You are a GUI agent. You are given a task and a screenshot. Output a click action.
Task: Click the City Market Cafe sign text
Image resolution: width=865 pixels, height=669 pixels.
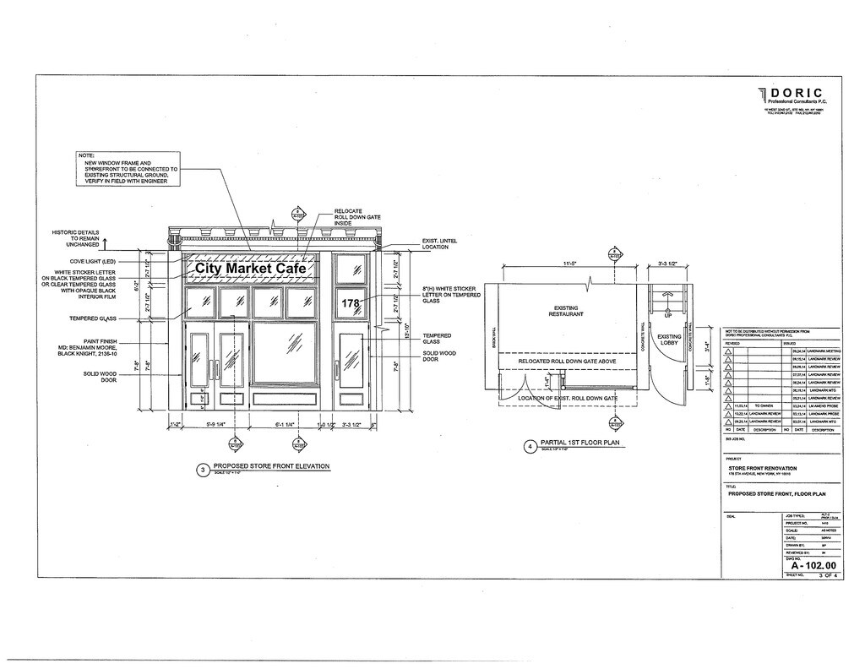pos(251,269)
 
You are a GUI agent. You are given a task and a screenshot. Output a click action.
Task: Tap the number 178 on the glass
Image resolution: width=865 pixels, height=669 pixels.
pos(351,302)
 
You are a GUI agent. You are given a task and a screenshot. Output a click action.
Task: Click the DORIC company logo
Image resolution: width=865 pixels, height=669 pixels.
pos(789,95)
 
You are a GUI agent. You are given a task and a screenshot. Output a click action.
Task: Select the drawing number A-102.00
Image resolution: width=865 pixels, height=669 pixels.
pos(807,565)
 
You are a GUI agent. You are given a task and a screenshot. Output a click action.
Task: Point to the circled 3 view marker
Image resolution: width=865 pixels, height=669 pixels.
pos(202,470)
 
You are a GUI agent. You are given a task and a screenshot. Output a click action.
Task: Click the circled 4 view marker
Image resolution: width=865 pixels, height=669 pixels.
pos(530,446)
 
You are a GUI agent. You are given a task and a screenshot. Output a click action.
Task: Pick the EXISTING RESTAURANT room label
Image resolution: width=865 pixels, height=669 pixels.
pos(566,311)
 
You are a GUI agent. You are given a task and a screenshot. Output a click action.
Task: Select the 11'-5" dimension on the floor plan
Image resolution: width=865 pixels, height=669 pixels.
pos(570,265)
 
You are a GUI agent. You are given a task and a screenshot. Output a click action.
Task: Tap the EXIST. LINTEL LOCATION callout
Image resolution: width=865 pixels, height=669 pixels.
pos(440,243)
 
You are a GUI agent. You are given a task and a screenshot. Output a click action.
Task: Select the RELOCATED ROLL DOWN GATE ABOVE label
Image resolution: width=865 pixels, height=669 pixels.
pos(567,362)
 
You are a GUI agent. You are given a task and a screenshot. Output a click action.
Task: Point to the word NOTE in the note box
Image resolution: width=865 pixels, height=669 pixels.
pos(86,155)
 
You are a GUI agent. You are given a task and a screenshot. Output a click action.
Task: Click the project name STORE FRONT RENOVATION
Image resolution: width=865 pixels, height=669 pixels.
pos(762,468)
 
